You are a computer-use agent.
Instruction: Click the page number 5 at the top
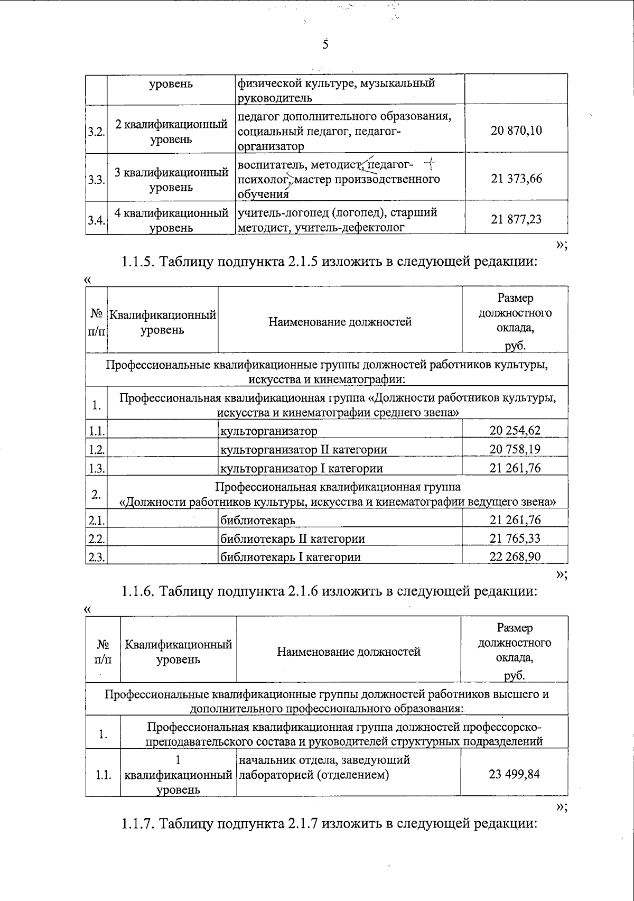click(325, 44)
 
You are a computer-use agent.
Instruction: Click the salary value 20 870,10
click(516, 131)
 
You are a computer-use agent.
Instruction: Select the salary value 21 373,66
click(516, 179)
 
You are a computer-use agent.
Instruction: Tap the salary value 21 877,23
click(516, 219)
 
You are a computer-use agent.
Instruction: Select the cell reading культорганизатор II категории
click(303, 450)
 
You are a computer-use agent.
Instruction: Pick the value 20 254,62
click(515, 431)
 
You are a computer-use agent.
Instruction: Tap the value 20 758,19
click(515, 449)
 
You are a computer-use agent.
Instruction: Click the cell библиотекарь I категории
click(290, 556)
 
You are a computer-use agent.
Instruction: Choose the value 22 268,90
click(515, 556)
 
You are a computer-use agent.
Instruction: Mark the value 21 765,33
click(515, 538)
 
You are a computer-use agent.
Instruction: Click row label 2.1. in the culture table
click(96, 521)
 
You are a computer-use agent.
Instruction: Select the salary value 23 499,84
click(514, 775)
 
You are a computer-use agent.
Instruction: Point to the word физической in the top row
click(266, 83)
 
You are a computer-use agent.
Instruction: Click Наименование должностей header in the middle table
click(340, 321)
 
